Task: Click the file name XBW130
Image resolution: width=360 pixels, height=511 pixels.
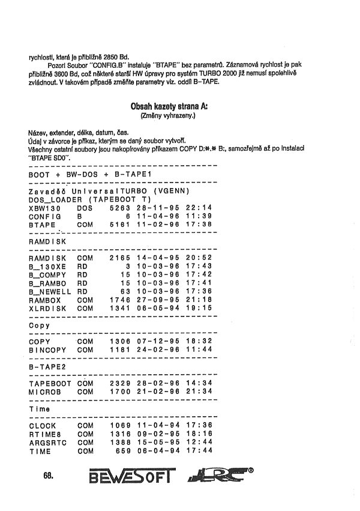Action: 44,207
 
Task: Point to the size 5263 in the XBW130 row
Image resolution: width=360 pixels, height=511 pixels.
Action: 119,207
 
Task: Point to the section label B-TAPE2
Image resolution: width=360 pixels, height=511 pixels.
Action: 47,366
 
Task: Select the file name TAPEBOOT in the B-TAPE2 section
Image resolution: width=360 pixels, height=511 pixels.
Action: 50,382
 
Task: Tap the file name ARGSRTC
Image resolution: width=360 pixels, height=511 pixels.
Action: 47,442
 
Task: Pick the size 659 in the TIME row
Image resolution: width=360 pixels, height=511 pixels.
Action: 122,450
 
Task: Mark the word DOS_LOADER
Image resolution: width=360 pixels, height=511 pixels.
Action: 55,199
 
